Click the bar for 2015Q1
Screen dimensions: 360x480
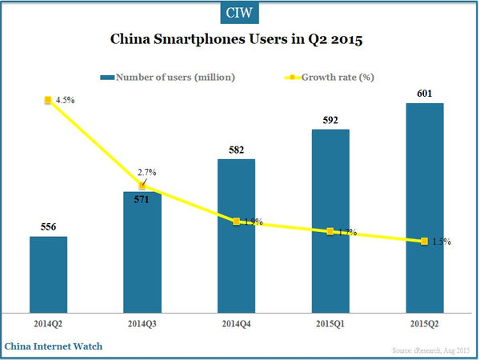(x=330, y=219)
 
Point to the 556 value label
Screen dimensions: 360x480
(x=48, y=227)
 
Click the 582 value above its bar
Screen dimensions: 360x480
(x=236, y=150)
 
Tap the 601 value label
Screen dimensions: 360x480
(x=424, y=93)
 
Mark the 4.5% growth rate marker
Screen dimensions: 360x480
(x=48, y=100)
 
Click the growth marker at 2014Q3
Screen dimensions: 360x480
(x=142, y=186)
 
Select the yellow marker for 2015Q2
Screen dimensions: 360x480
(x=424, y=241)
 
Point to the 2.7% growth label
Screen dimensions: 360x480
(x=148, y=172)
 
